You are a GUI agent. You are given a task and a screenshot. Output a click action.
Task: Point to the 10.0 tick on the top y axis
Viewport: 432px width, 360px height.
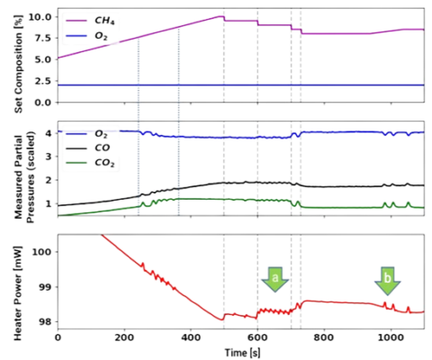point(40,17)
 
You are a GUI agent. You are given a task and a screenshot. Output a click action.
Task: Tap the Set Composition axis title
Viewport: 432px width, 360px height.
point(13,58)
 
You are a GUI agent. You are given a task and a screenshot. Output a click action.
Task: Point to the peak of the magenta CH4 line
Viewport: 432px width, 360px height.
point(221,15)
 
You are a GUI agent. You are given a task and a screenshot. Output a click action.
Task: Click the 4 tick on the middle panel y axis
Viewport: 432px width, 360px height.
point(46,133)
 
